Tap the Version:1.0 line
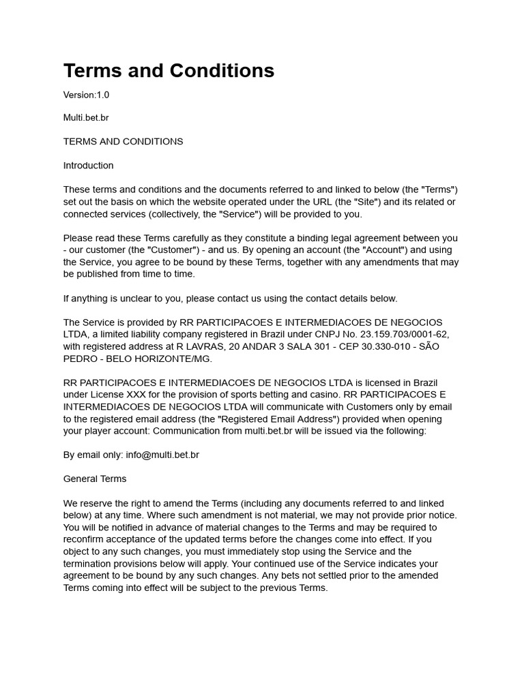coord(86,95)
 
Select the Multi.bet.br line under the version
coord(86,118)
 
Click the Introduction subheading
coord(88,166)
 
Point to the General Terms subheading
coord(95,479)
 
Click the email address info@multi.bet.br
coord(162,455)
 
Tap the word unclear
coord(158,299)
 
